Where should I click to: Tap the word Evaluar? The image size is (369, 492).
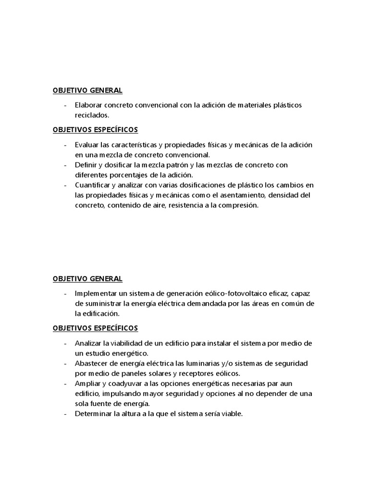(x=86, y=145)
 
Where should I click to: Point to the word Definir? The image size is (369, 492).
(x=86, y=165)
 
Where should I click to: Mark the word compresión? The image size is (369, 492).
(x=239, y=205)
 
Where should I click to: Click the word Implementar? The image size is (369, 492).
(x=95, y=293)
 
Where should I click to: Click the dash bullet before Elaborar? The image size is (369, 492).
(x=64, y=105)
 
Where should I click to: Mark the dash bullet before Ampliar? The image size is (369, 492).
(x=64, y=383)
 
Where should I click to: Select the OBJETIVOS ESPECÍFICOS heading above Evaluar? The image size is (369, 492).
(x=95, y=130)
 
